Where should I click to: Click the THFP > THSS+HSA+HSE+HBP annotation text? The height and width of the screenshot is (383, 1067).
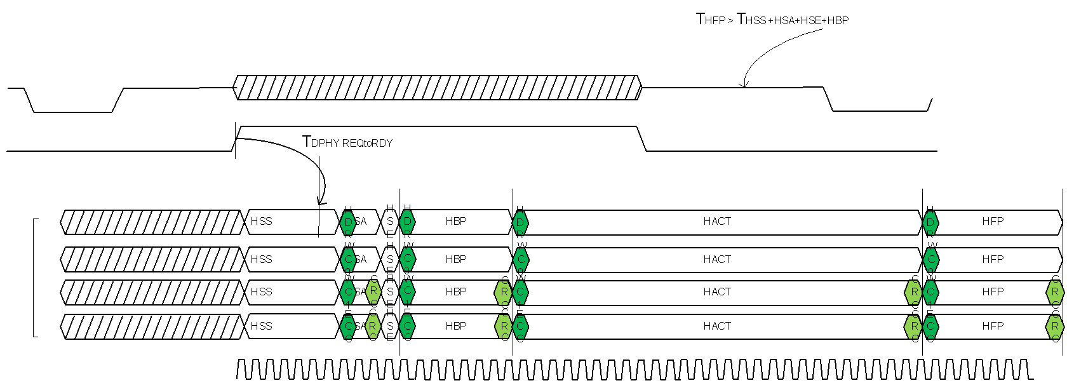click(x=772, y=20)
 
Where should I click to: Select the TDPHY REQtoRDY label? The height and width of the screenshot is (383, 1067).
click(x=347, y=142)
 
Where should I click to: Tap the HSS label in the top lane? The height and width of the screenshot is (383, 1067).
click(x=261, y=221)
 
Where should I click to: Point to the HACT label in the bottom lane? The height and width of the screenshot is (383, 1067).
click(x=717, y=326)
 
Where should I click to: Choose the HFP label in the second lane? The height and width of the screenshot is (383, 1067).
click(x=992, y=259)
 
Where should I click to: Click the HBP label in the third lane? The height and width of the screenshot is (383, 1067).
click(x=455, y=292)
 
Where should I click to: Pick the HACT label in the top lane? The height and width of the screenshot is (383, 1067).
click(x=717, y=221)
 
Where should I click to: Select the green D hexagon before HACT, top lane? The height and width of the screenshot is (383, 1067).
click(x=520, y=222)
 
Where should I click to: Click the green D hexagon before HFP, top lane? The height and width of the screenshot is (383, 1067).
click(x=930, y=222)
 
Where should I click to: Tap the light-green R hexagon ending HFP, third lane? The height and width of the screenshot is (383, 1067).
click(x=1054, y=292)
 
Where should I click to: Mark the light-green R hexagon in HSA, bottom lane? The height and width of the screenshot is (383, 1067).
click(x=373, y=326)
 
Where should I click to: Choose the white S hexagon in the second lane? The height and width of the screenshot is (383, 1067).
click(x=390, y=259)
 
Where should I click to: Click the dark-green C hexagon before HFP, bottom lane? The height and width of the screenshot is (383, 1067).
click(x=930, y=326)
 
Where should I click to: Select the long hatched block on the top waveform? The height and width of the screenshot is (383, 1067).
click(x=437, y=88)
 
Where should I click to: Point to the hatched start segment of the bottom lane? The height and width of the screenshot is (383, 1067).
click(x=152, y=326)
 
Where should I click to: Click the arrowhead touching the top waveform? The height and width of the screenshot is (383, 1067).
click(x=744, y=84)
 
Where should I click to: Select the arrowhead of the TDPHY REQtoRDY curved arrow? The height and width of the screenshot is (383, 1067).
click(x=321, y=202)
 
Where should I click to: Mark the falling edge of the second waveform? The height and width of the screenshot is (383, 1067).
click(x=641, y=139)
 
